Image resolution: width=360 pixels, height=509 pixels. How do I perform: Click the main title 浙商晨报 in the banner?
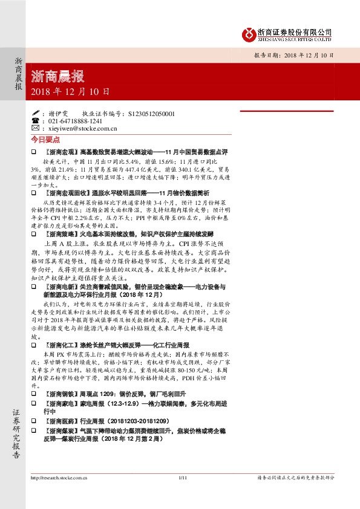click(x=57, y=76)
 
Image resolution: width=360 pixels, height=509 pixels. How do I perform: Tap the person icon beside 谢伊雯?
click(x=35, y=113)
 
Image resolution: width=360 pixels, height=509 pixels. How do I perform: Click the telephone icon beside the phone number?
click(x=35, y=121)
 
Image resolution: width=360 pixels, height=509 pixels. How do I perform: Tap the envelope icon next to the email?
click(x=35, y=129)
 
